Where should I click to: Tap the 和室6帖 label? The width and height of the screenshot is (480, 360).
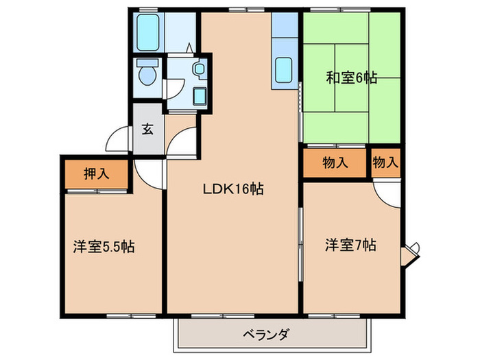click(351, 77)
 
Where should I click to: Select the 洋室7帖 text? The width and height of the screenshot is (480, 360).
click(350, 245)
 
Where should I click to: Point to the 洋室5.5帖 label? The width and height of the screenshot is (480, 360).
click(104, 248)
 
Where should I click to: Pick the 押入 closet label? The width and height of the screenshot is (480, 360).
click(97, 173)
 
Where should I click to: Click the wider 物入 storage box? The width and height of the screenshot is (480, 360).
click(335, 163)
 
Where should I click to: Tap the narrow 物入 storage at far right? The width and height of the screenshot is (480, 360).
click(385, 163)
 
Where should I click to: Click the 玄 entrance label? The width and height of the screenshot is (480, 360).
click(147, 129)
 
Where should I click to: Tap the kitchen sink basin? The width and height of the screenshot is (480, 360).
click(285, 71)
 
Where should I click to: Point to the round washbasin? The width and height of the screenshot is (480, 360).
click(199, 69)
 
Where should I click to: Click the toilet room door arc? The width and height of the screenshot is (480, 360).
click(173, 88)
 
